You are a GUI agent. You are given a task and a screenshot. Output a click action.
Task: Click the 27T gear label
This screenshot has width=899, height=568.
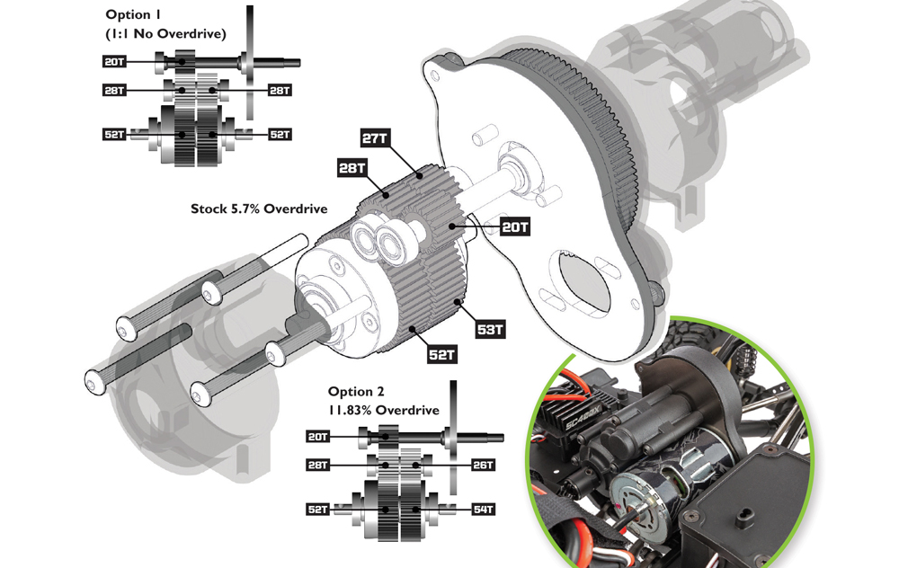(x=374, y=138)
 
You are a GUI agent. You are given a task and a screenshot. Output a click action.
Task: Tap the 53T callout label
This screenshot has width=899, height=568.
(x=491, y=330)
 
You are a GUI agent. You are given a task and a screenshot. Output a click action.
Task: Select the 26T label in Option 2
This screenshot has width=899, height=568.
(x=484, y=465)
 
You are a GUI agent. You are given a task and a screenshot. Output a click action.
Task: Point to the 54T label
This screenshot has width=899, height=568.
(x=484, y=510)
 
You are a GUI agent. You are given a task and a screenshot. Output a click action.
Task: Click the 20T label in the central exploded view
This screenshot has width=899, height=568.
(x=515, y=227)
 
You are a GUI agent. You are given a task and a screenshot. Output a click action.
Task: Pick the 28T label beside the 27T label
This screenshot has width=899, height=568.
(x=352, y=168)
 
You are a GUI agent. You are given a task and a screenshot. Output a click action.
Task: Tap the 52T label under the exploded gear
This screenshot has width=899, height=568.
(x=441, y=355)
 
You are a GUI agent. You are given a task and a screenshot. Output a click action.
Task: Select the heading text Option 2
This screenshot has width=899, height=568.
(x=356, y=392)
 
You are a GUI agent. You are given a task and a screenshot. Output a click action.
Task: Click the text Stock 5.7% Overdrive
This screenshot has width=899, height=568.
(x=259, y=209)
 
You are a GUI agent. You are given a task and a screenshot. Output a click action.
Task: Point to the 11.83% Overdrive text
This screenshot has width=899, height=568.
(x=384, y=411)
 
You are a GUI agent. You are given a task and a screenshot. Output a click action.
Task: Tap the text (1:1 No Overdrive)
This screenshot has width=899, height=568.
(x=165, y=34)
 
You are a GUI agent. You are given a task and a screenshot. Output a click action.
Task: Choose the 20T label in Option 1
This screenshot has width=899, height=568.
(x=114, y=61)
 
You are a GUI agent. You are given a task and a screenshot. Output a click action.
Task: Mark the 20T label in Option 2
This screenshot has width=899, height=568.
(x=318, y=437)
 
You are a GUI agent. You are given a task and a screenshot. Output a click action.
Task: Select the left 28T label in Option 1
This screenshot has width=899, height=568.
(x=114, y=90)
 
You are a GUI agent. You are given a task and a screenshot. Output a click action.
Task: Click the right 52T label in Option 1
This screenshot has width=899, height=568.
(x=280, y=135)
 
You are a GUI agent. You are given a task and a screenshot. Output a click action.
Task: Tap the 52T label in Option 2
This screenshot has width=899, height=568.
(x=318, y=510)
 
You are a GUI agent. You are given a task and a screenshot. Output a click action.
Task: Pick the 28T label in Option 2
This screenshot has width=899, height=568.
(x=318, y=465)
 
